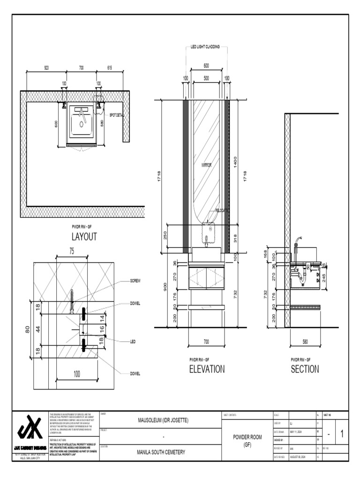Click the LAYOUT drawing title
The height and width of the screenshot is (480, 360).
coord(84,236)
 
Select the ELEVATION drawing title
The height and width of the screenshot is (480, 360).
coord(207,369)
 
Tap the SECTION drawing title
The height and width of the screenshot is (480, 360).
coord(305,369)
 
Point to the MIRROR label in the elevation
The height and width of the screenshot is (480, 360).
coord(207,165)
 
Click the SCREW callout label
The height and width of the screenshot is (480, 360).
coord(135,280)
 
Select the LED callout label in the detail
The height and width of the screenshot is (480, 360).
coord(133,342)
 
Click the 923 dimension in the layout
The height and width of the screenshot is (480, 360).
coord(46,68)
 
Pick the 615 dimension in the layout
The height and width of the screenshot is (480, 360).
coord(110,68)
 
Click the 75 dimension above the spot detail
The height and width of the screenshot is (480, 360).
coord(72,251)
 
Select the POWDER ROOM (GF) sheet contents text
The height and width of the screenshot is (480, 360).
coord(247,441)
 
